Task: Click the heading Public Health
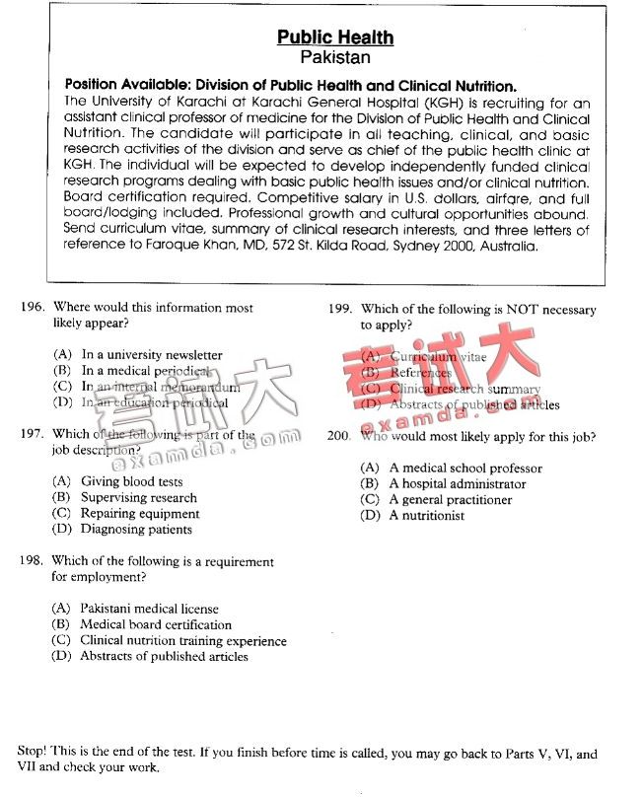coord(334,37)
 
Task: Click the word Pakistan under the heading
coord(334,58)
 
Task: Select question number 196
coord(33,308)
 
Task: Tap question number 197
coord(33,434)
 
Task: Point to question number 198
coord(33,561)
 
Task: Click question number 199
coord(340,310)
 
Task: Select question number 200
coord(340,436)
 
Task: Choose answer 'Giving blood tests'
coord(131,482)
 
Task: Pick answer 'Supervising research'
coord(138,498)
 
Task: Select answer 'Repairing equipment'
coord(139,514)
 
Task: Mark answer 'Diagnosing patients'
coord(136,530)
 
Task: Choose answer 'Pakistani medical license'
coord(149,609)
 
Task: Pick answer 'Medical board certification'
coord(155,624)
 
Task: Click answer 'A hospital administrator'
coord(457,484)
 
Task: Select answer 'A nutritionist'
coord(426,516)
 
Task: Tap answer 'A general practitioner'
coord(450,500)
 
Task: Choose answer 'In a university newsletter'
coord(151,355)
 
